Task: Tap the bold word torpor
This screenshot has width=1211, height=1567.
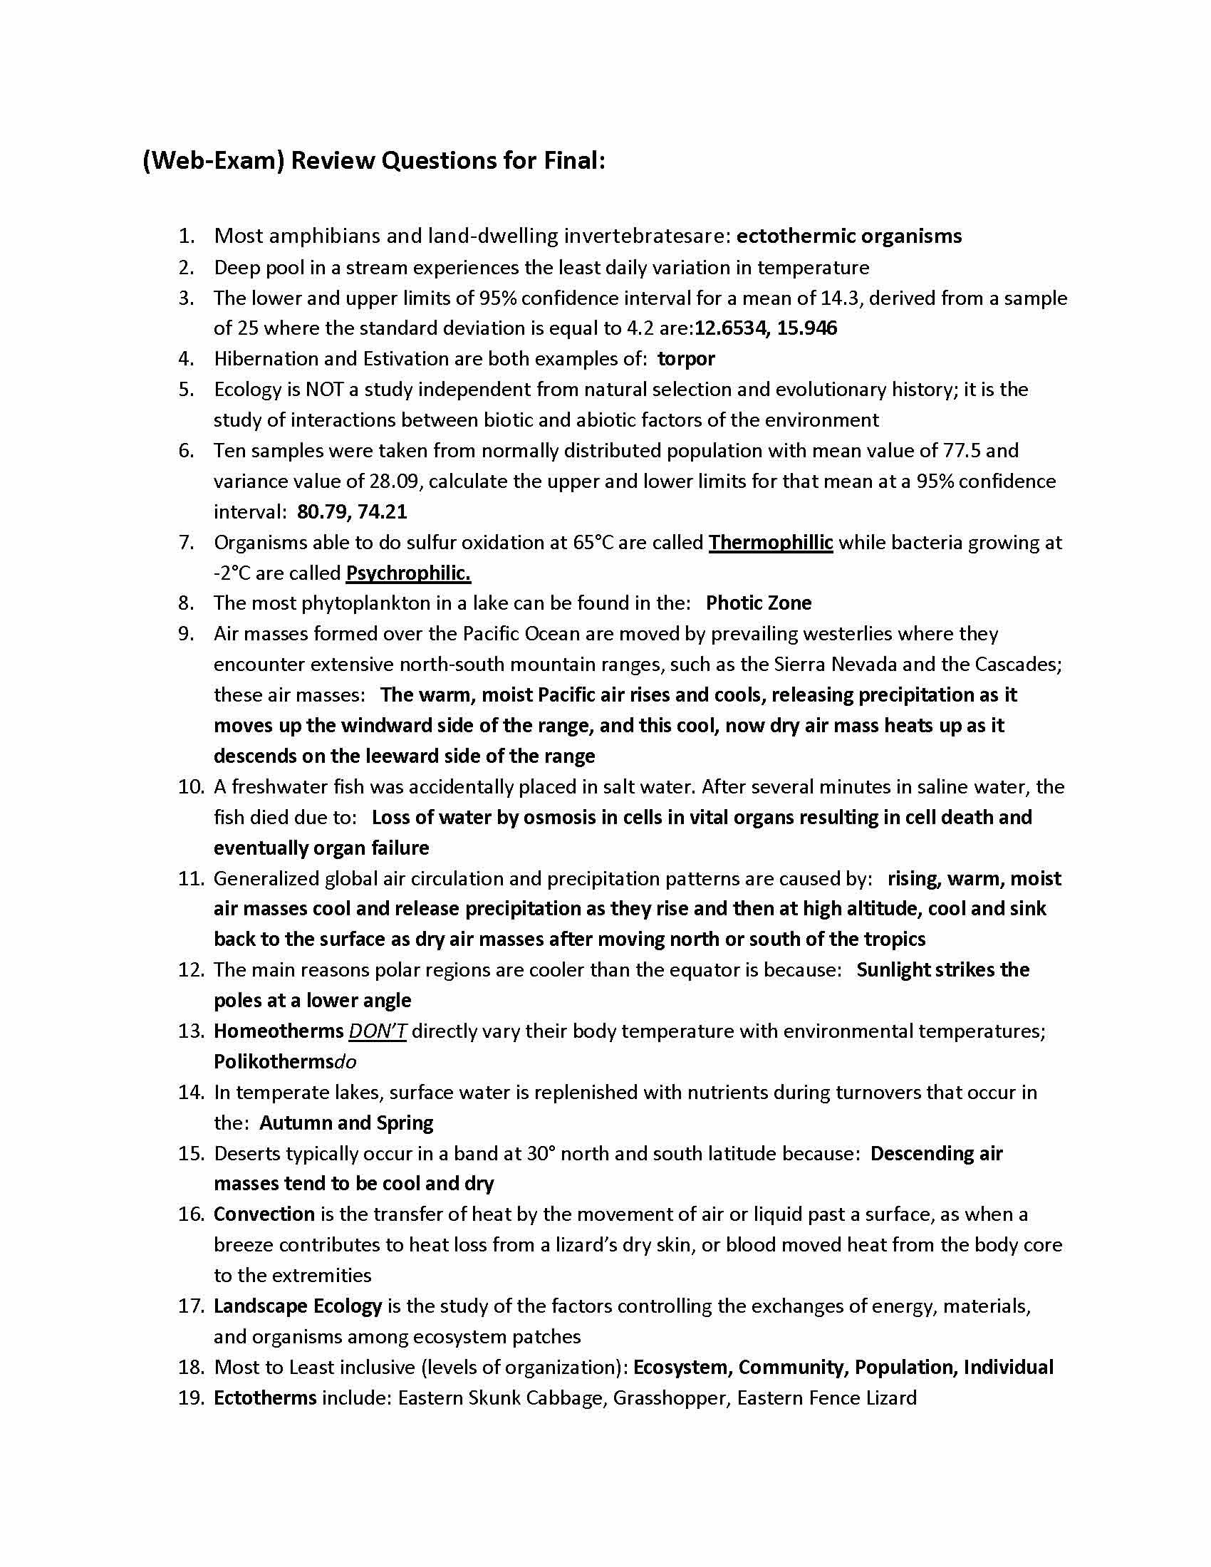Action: [686, 358]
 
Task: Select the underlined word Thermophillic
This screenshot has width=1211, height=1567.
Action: [771, 543]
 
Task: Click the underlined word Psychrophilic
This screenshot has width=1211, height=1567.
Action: [407, 573]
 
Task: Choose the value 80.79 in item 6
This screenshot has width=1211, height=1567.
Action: [322, 511]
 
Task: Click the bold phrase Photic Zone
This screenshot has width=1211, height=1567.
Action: [759, 603]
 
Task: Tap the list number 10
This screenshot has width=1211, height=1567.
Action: [191, 786]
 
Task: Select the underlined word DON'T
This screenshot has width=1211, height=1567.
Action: [378, 1031]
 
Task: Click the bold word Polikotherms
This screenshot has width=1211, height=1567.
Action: [274, 1061]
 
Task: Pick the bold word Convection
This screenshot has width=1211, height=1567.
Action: [264, 1214]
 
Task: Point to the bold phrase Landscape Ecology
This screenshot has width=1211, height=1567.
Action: [298, 1306]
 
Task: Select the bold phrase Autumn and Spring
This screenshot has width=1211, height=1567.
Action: [345, 1122]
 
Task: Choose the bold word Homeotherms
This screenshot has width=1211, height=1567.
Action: [279, 1031]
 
